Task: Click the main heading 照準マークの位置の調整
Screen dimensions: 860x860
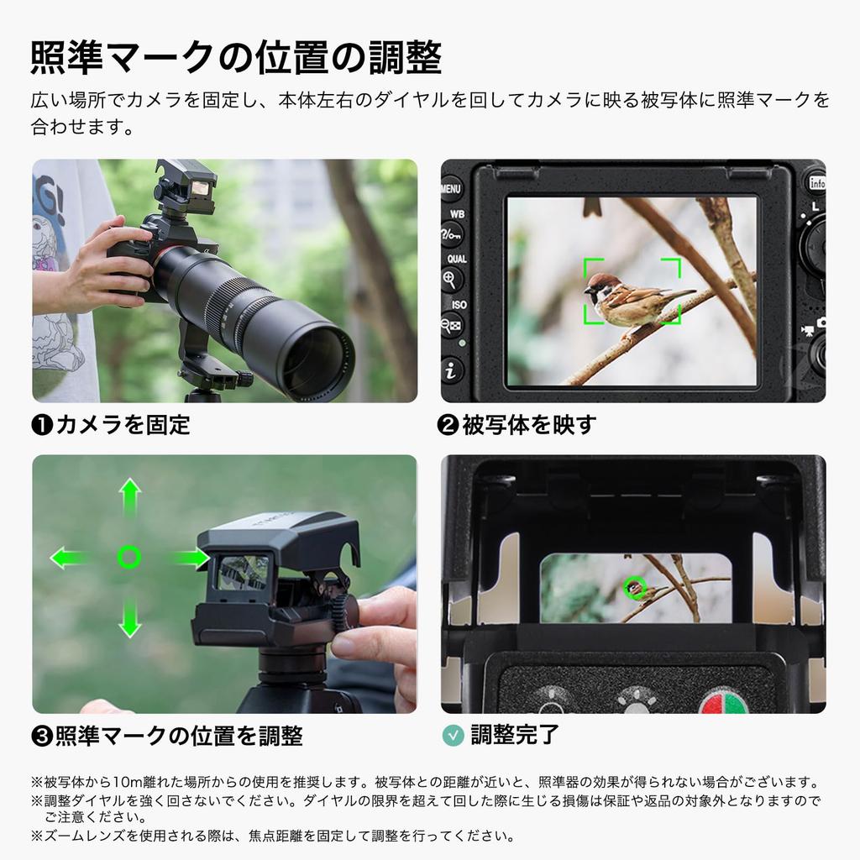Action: [236, 57]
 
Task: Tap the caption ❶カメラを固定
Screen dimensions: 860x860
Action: [111, 425]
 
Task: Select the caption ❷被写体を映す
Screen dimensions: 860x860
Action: [517, 425]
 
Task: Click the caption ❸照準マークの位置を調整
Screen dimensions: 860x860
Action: [167, 736]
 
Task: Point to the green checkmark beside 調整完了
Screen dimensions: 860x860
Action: [453, 735]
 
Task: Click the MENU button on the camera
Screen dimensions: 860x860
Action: [451, 188]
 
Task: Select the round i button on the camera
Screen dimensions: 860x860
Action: [453, 370]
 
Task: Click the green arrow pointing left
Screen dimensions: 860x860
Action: [69, 557]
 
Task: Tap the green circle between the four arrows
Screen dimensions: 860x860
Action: [129, 557]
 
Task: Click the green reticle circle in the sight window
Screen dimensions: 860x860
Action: [636, 589]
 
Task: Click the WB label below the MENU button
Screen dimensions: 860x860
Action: [458, 214]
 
